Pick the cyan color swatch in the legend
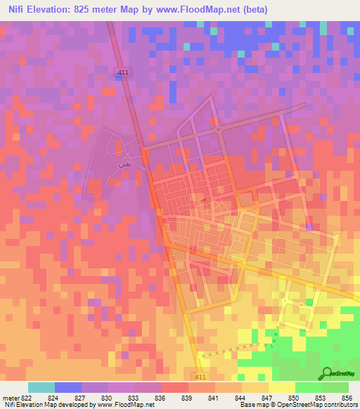click(x=41, y=387)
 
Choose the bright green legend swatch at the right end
click(x=335, y=387)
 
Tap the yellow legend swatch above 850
click(x=282, y=387)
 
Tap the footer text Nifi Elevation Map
click(x=32, y=405)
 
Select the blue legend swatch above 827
click(x=68, y=387)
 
